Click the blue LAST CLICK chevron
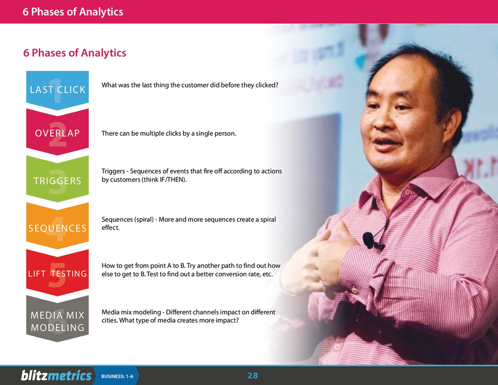point(58,90)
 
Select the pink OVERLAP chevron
point(58,133)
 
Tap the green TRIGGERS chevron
point(58,181)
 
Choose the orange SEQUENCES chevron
point(58,228)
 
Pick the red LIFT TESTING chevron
point(58,274)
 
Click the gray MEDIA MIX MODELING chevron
point(58,321)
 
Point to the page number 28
point(253,376)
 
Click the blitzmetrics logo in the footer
point(56,376)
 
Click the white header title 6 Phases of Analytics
point(73,12)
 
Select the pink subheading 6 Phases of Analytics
point(75,53)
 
